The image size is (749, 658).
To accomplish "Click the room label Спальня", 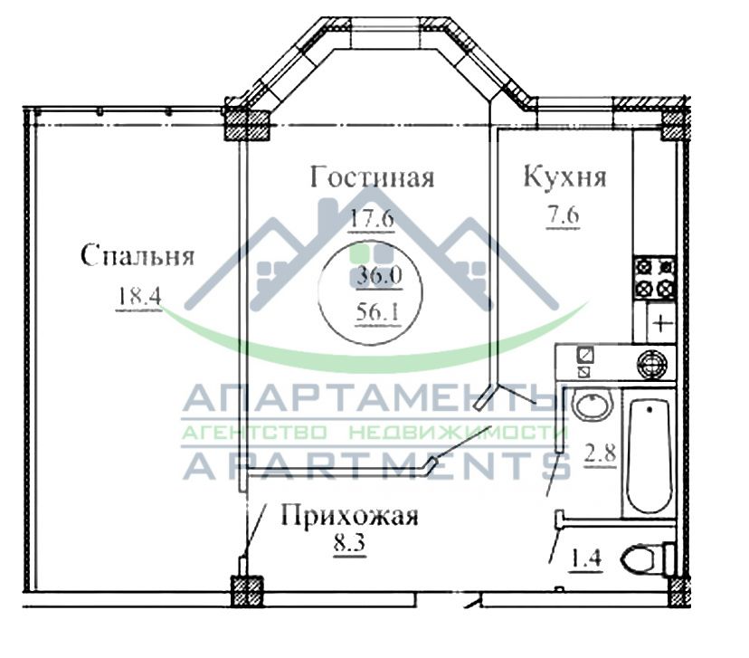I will [137, 256].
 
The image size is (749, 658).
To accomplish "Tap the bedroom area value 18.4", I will [137, 296].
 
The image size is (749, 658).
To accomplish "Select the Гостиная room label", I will [372, 176].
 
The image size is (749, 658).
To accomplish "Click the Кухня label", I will [564, 176].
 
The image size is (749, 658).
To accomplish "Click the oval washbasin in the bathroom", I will [593, 405].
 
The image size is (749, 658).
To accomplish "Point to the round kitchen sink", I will [651, 364].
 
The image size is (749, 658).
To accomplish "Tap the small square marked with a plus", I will [661, 322].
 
